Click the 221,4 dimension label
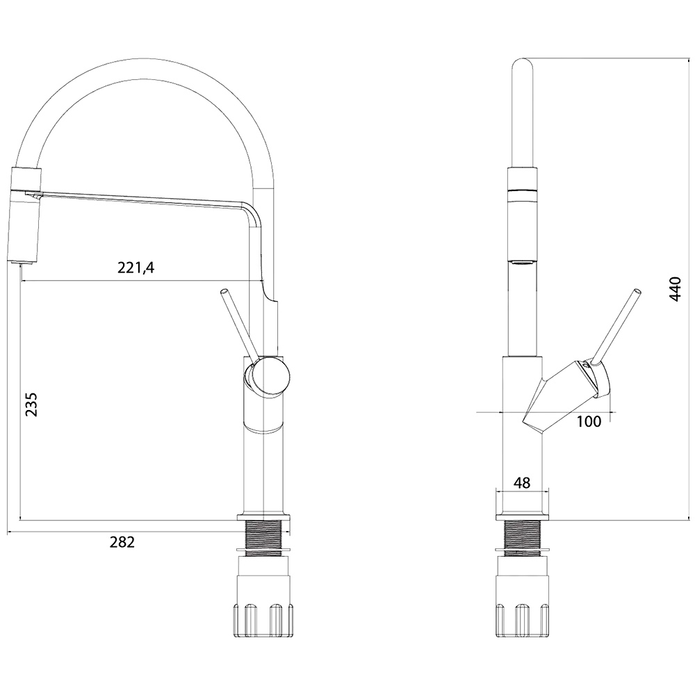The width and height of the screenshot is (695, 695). [136, 268]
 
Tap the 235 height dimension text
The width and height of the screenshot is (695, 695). [31, 404]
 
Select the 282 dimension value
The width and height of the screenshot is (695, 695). [122, 541]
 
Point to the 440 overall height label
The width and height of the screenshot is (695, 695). [675, 289]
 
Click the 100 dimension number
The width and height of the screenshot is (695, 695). [589, 421]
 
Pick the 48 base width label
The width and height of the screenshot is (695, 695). [522, 482]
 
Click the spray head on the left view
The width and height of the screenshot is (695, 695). [25, 215]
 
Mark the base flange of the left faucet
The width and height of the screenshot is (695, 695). [264, 517]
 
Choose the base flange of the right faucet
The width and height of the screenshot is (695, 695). [522, 517]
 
